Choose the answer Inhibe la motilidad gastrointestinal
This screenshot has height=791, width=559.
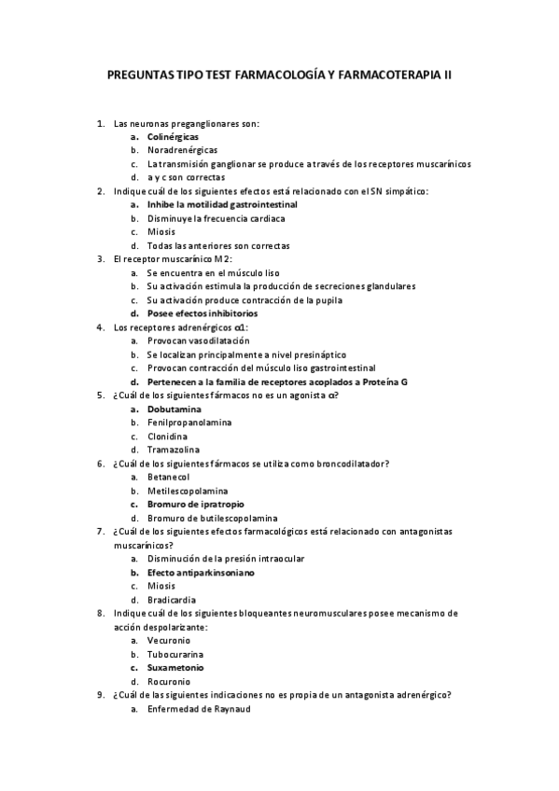222,204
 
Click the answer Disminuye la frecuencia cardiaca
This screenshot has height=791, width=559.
216,218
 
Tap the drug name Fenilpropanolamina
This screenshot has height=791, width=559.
189,423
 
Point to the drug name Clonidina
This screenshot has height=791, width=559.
168,437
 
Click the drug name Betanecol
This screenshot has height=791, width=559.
168,477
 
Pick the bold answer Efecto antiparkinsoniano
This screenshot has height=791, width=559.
201,573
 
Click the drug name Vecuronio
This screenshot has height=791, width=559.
169,641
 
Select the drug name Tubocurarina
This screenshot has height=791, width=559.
175,654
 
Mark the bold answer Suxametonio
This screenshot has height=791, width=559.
175,668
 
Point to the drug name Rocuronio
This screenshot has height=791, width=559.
169,682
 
